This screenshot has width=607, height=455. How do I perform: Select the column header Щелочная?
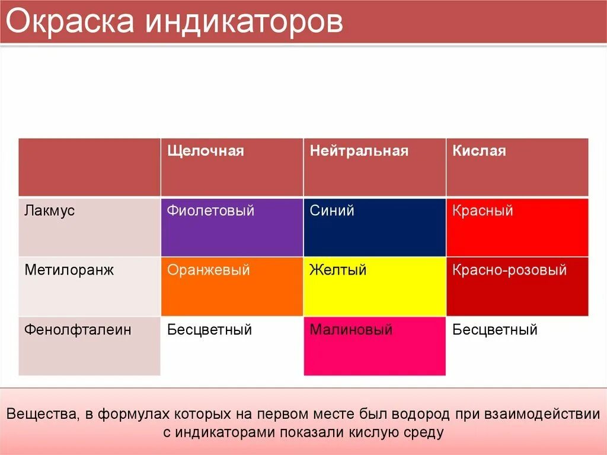point(205,151)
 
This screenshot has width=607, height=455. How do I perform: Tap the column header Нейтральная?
point(359,151)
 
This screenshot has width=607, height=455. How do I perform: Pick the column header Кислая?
point(479,151)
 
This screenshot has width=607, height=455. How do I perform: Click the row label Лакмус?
point(50,211)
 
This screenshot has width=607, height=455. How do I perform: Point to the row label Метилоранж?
point(69,271)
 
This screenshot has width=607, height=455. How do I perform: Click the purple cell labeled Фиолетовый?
point(232,227)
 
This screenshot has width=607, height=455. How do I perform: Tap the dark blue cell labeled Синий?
point(374,227)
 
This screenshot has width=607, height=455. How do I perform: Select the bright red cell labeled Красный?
point(517,227)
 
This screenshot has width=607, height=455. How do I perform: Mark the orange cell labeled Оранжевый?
point(232,287)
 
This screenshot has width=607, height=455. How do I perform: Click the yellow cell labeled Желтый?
point(374,287)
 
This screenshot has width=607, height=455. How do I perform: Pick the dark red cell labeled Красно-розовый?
point(517,287)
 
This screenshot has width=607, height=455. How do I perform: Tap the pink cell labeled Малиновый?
point(374,346)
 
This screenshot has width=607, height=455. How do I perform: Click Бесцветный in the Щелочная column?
point(209,330)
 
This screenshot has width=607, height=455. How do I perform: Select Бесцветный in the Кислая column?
point(495,330)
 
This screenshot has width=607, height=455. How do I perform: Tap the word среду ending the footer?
point(425,432)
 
